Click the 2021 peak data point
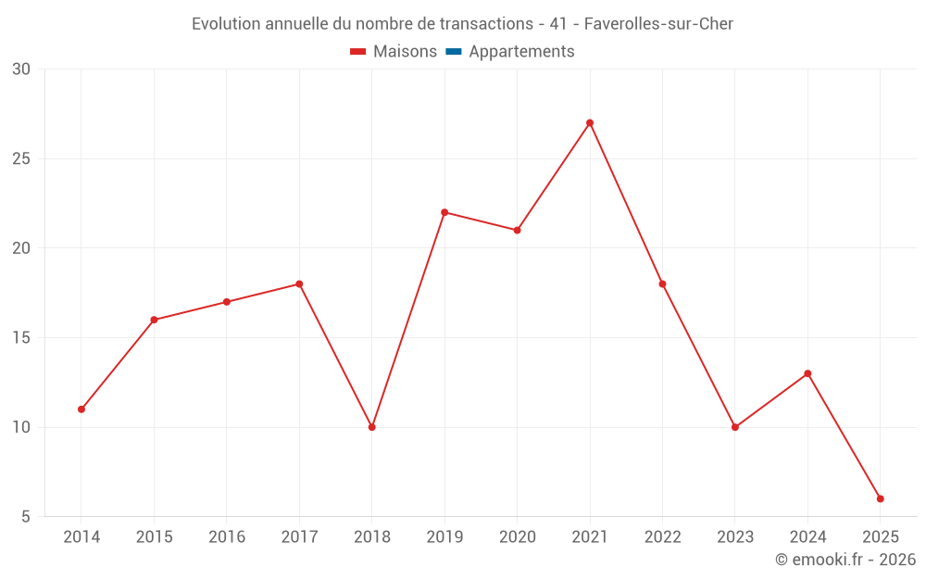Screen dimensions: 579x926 (590, 123)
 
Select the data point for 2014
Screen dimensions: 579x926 (81, 409)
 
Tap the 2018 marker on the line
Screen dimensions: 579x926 (372, 427)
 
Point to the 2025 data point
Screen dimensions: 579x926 (881, 499)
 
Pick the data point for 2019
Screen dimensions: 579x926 (444, 212)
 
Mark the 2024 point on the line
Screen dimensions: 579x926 (807, 373)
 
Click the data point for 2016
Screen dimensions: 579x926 (227, 302)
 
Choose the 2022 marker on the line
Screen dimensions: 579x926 (662, 284)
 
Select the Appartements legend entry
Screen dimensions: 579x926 (521, 52)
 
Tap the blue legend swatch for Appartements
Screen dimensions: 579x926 (454, 52)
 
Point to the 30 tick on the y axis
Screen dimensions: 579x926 (21, 69)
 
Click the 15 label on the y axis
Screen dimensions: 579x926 (21, 338)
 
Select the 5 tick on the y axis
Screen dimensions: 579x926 (25, 517)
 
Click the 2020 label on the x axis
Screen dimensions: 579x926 (517, 537)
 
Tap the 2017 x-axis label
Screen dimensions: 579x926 (299, 537)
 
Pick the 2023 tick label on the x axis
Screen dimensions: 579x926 (735, 537)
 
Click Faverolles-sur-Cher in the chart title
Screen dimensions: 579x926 (658, 24)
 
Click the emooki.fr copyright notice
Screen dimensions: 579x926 (845, 560)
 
